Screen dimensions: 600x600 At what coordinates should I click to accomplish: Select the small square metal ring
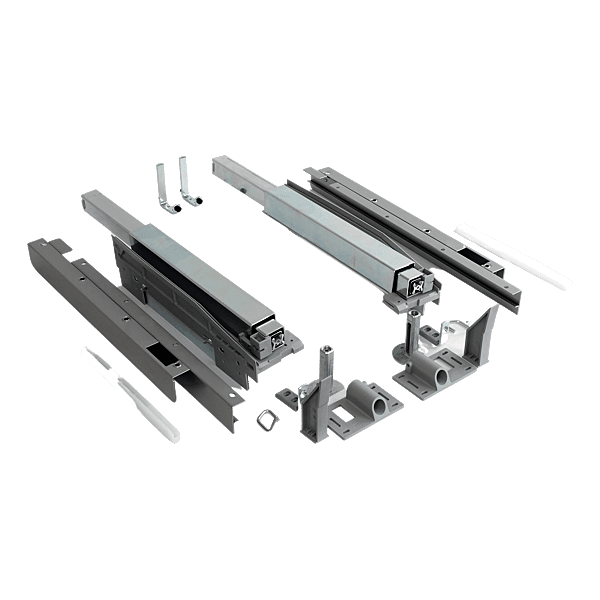click(267, 419)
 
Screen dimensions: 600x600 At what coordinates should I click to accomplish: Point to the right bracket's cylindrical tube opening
click(440, 377)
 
